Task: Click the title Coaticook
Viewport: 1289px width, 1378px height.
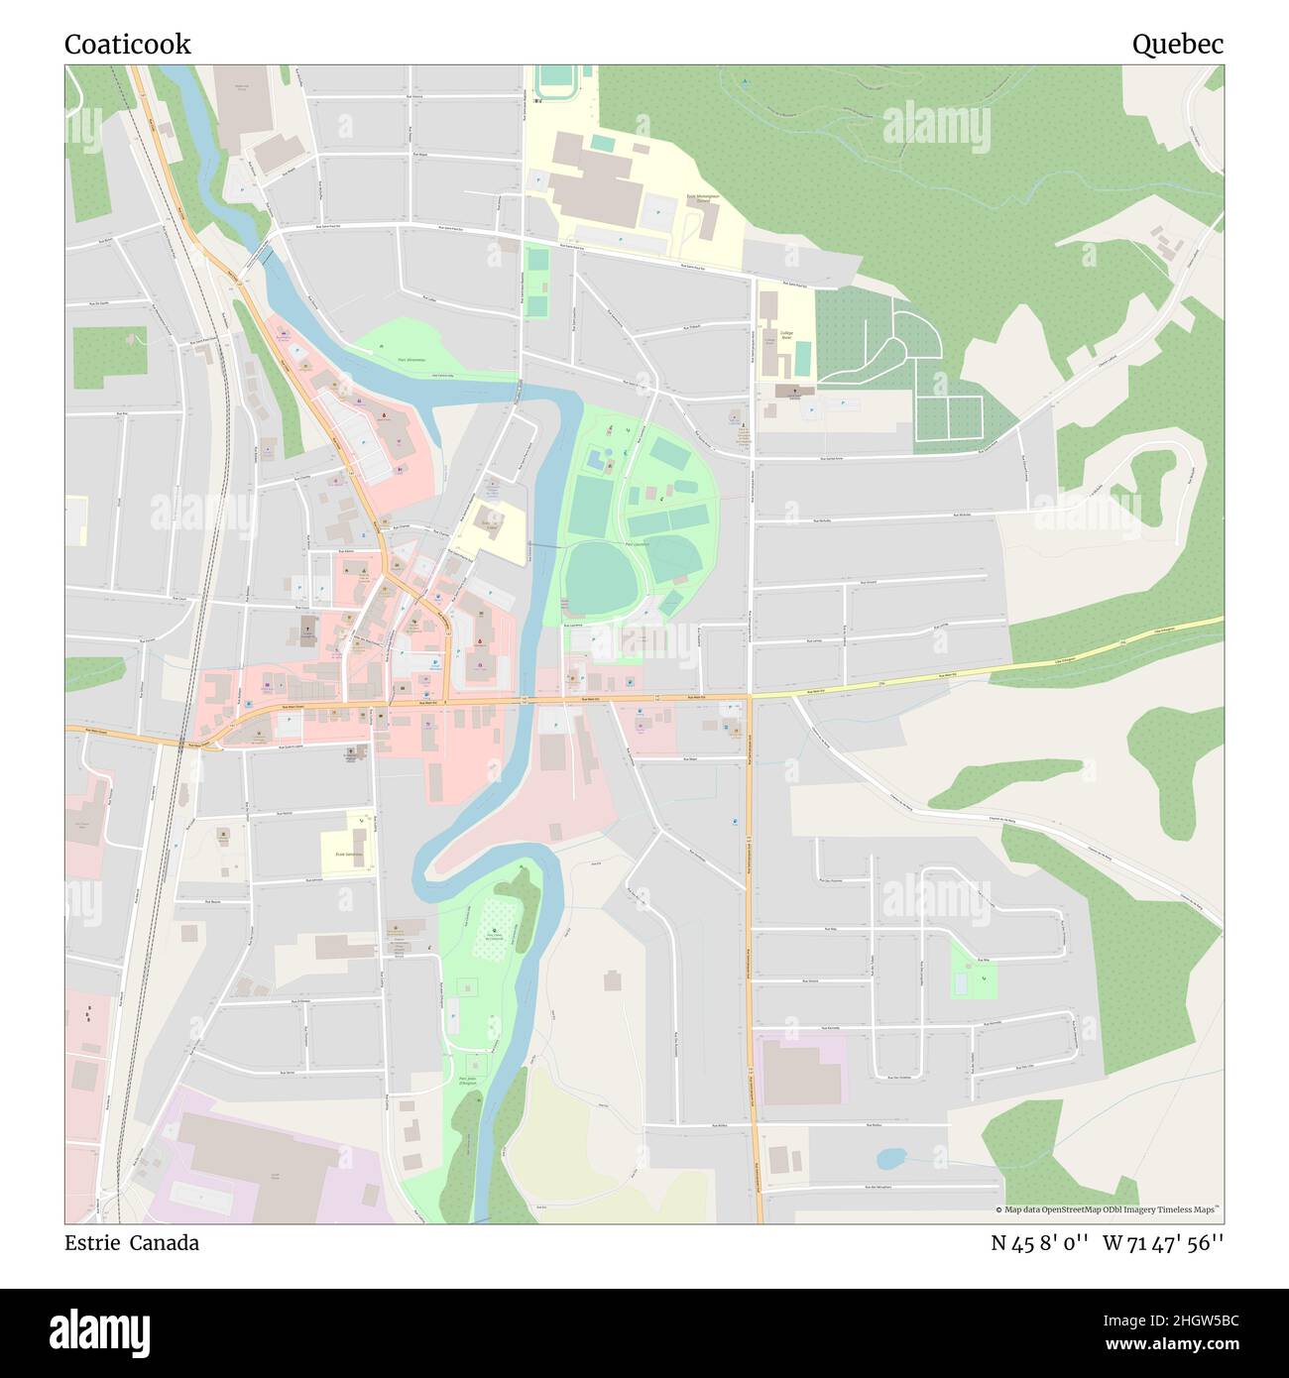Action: pyautogui.click(x=128, y=44)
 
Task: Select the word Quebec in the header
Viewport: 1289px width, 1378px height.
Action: pyautogui.click(x=1177, y=44)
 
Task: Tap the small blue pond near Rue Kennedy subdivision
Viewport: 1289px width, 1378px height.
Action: pyautogui.click(x=890, y=1158)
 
